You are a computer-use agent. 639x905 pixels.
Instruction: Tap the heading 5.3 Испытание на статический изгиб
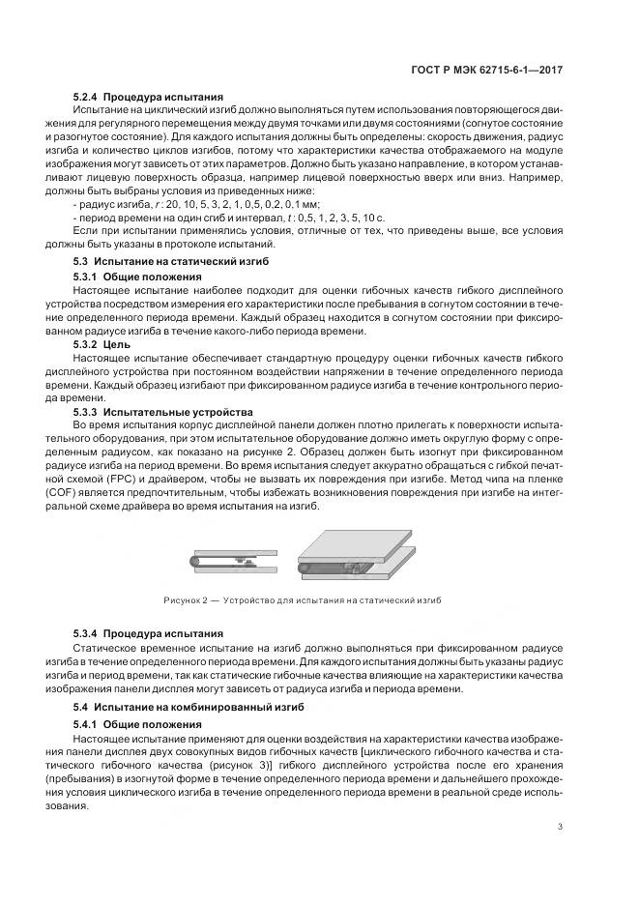(171, 262)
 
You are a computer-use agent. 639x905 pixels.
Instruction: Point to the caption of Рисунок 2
(315, 600)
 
